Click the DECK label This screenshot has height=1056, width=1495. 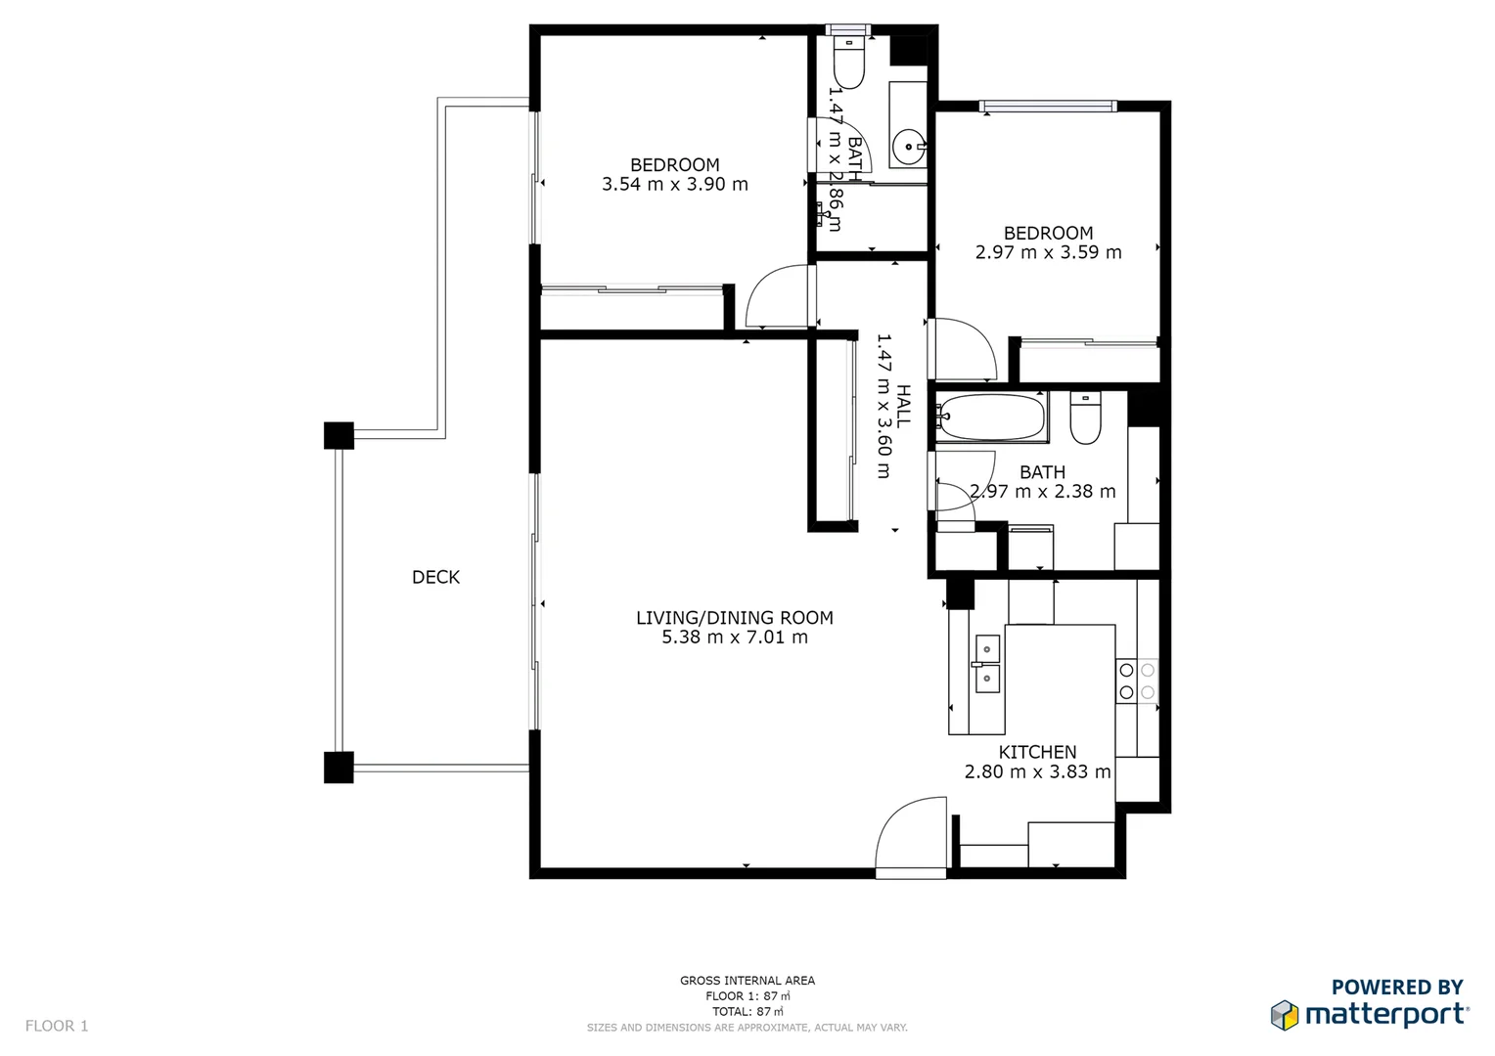coord(435,577)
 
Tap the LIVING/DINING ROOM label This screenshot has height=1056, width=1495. coord(735,618)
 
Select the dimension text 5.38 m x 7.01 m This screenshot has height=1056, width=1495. coord(735,638)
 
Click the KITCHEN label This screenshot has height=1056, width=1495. coord(1037,752)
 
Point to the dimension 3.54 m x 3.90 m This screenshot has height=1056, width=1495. coord(674,185)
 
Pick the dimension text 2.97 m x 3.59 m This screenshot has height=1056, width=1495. coord(1048,252)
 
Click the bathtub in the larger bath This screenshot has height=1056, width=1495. coord(991,418)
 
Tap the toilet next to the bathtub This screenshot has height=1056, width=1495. coord(1085,419)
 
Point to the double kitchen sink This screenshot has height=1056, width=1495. coord(987,664)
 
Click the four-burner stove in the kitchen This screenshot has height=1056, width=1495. coord(1137,681)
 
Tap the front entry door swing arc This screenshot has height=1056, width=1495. coord(910,831)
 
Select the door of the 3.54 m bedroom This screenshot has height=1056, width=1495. coord(778,297)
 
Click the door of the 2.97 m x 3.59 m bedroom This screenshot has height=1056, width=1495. coord(964,348)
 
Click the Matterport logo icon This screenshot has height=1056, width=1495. coord(1285,1015)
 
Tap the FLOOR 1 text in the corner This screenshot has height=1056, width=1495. coord(57,1026)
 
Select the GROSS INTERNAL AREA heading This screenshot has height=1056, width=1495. coord(747,980)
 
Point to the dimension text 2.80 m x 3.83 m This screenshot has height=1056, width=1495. coord(1037,771)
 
